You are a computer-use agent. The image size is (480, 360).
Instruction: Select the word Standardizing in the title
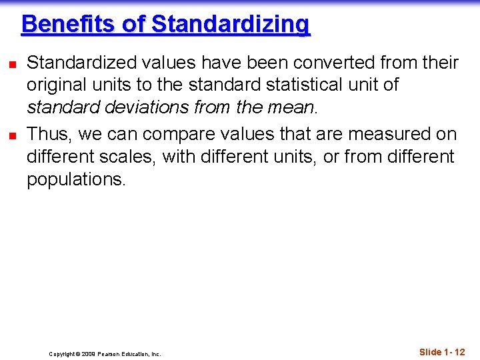(x=231, y=24)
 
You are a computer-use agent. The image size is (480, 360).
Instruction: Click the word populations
(x=75, y=179)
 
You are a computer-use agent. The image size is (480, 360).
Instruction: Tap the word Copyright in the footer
(x=63, y=354)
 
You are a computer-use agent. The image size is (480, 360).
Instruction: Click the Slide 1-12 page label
(x=442, y=351)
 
